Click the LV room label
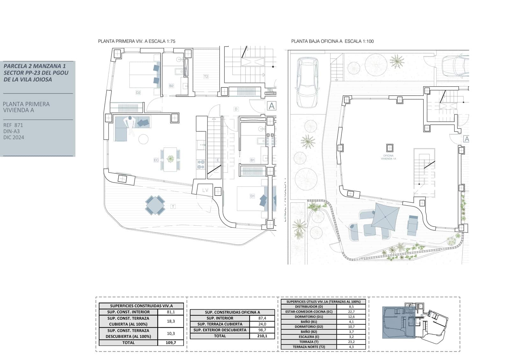[205, 190]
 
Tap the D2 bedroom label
[138, 93]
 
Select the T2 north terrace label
[206, 76]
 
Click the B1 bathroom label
[252, 160]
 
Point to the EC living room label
[156, 160]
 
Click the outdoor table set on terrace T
[155, 205]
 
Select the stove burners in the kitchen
[201, 164]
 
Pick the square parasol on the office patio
[385, 217]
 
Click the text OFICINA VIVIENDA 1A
[388, 157]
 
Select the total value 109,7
[171, 343]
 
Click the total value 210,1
[262, 336]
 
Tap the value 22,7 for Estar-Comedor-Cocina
[351, 312]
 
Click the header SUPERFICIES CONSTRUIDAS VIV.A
[141, 306]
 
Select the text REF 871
[13, 125]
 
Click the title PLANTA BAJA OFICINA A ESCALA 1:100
[332, 41]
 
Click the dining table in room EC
[171, 159]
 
